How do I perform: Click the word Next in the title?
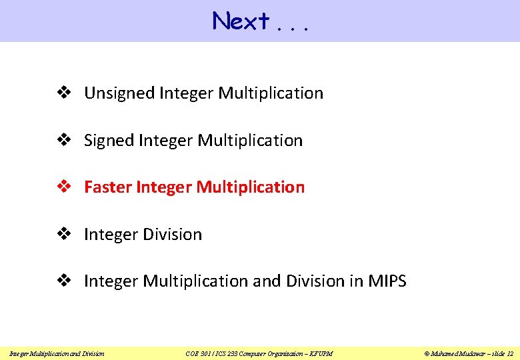click(241, 21)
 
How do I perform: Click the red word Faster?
click(107, 187)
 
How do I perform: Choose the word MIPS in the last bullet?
click(387, 281)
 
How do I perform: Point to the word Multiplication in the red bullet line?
click(250, 187)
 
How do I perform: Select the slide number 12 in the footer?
click(510, 353)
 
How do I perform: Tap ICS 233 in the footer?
click(225, 353)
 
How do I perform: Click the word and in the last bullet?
click(267, 281)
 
